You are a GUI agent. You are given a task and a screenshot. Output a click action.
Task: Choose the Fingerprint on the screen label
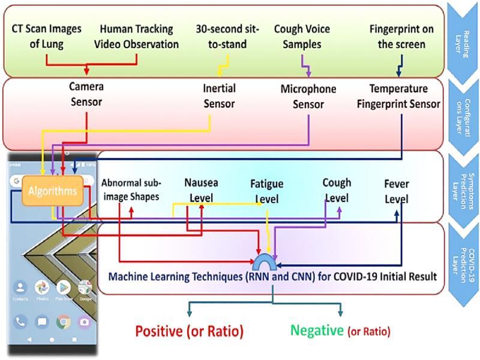point(398,36)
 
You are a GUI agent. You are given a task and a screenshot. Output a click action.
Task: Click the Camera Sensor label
point(86,94)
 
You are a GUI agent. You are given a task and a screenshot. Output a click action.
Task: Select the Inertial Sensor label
point(220,96)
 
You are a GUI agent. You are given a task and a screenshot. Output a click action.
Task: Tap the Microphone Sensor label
point(308,96)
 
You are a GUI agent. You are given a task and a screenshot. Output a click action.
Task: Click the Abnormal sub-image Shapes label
point(132,188)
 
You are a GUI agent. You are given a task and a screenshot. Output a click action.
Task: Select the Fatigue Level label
point(266,191)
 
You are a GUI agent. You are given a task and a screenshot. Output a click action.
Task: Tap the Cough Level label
point(337,190)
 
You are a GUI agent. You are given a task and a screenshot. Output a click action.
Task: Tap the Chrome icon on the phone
point(63,322)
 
